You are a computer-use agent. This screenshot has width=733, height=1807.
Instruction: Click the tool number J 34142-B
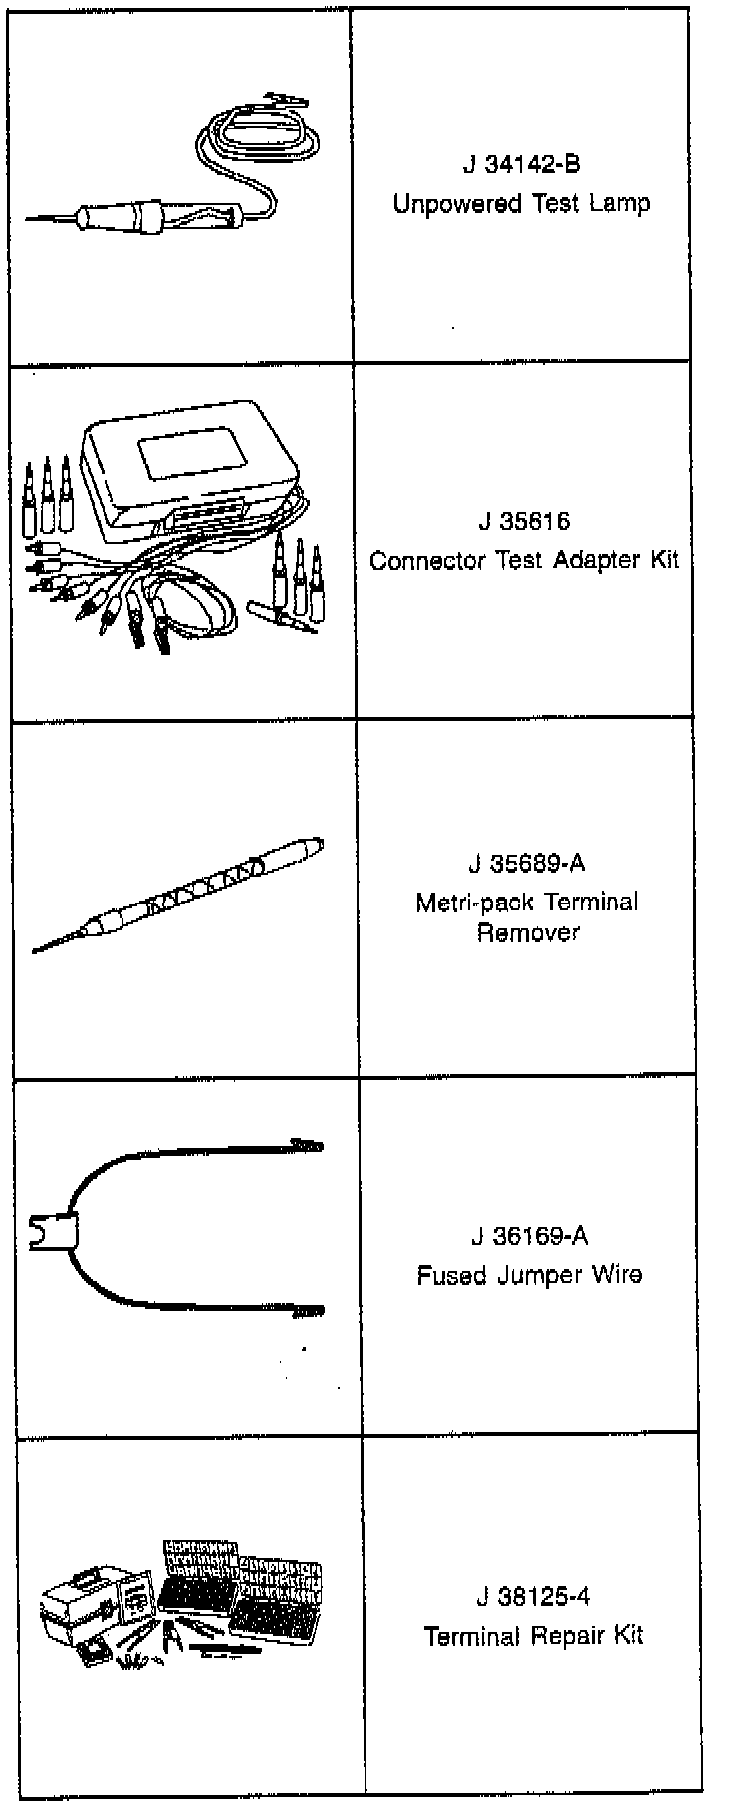(521, 164)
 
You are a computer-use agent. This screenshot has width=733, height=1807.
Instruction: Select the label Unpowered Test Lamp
(521, 204)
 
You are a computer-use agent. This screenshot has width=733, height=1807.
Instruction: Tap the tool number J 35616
(523, 522)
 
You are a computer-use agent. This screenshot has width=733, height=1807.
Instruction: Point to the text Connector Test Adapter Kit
(524, 560)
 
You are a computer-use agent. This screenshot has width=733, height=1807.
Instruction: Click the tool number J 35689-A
(526, 863)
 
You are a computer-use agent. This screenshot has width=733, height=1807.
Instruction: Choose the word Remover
(527, 933)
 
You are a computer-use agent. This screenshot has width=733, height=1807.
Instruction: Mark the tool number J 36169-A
(529, 1236)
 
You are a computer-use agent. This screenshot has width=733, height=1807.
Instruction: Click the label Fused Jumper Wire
(529, 1274)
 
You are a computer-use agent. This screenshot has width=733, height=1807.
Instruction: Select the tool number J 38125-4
(532, 1596)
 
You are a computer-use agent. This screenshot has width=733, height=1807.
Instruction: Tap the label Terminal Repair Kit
(533, 1635)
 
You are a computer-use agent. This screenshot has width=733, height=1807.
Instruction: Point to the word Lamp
(619, 204)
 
